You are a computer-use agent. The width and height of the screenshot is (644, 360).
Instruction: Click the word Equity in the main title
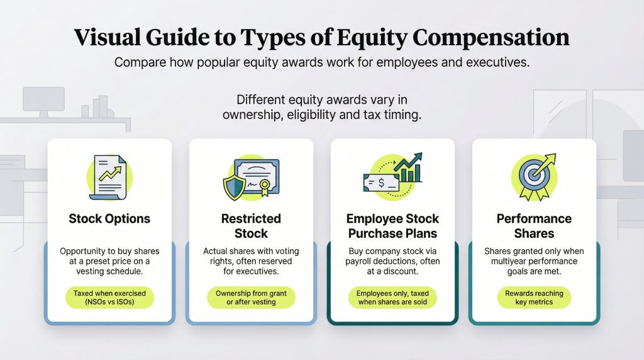[x=372, y=38]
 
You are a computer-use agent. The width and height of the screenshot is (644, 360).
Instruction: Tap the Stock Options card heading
[x=109, y=218]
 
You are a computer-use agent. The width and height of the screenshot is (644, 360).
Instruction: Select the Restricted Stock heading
[x=251, y=226]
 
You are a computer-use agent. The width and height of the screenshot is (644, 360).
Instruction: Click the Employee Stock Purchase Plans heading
[x=392, y=226]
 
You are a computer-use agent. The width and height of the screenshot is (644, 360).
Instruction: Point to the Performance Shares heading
[x=534, y=226]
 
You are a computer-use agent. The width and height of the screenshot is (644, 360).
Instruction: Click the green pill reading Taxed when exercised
[x=109, y=298]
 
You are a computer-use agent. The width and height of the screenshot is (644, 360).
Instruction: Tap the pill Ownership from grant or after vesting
[x=251, y=298]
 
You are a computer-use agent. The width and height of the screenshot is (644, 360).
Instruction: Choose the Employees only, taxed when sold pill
[x=392, y=298]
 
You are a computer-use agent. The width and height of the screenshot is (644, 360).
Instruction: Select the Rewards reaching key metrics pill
[x=534, y=298]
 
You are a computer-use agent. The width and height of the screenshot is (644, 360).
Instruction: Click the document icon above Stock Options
[x=108, y=177]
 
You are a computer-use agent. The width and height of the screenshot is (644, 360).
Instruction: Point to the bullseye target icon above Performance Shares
[x=533, y=176]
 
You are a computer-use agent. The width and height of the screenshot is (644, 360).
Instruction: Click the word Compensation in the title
[x=491, y=38]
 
